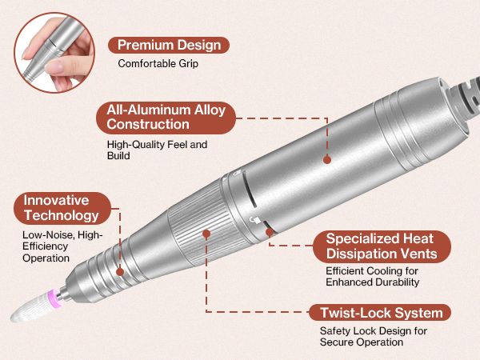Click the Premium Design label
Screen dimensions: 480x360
click(x=169, y=46)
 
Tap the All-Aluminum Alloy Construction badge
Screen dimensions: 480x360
click(x=166, y=118)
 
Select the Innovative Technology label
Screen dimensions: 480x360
click(x=62, y=208)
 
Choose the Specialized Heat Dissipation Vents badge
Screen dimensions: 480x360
click(x=382, y=246)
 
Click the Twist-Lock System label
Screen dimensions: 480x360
click(x=380, y=313)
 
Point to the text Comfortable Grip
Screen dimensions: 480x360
click(x=158, y=64)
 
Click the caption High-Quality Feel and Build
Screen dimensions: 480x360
click(x=157, y=150)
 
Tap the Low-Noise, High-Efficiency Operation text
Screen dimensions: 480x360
click(x=62, y=246)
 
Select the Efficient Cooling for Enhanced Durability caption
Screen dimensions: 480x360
click(x=372, y=277)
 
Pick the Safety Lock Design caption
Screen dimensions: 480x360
click(x=374, y=336)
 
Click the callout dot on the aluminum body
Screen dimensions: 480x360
click(x=327, y=159)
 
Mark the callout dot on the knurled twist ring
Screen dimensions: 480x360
click(x=206, y=234)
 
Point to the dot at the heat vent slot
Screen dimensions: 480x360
click(x=270, y=232)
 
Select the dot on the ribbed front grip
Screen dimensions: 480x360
click(x=120, y=272)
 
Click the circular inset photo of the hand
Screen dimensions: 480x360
click(x=54, y=52)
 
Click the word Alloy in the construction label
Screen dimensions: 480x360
click(x=210, y=110)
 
